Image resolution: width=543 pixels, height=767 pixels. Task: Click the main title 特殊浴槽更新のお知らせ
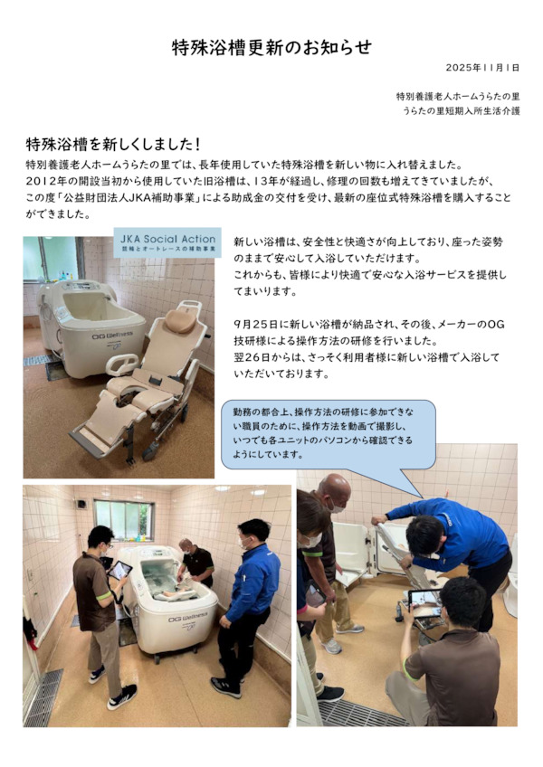tap(271, 47)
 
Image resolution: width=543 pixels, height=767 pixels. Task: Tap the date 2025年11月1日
tap(482, 68)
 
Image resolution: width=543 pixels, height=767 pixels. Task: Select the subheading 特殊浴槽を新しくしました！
tap(113, 145)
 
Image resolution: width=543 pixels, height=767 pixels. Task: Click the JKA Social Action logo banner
tap(167, 242)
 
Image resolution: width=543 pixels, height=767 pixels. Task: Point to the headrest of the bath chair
tap(179, 320)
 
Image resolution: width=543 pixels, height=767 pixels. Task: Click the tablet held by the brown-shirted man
tap(120, 571)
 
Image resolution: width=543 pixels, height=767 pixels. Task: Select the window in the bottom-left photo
tap(124, 519)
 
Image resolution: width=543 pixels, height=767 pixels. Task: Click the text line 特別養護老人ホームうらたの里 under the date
tap(458, 97)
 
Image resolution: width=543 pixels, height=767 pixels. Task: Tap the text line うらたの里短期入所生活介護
tap(462, 111)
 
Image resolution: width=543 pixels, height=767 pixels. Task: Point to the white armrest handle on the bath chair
tap(122, 364)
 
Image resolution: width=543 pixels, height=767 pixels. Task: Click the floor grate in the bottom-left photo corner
tap(44, 698)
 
